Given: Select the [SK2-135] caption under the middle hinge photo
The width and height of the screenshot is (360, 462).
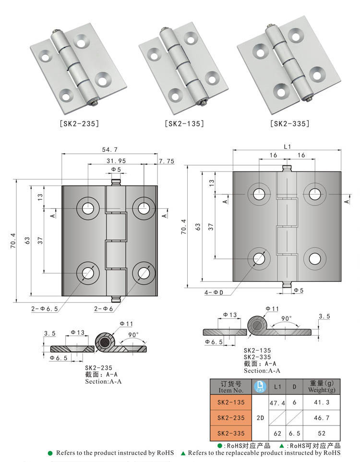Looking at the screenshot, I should [184, 123].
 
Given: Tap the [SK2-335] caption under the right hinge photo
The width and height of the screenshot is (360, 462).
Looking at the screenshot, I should [289, 123].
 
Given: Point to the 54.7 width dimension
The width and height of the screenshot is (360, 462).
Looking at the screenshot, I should [110, 150].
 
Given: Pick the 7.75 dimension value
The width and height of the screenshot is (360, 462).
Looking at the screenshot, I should [167, 161].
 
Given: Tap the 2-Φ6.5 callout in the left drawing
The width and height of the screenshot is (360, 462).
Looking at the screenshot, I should [44, 308].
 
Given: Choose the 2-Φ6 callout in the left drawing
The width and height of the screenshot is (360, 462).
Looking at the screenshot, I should [104, 308].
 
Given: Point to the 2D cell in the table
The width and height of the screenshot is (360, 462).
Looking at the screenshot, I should [260, 418].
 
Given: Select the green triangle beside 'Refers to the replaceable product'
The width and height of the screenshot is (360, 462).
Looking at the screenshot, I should [183, 453].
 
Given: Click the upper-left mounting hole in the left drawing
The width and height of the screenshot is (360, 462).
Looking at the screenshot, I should [88, 208].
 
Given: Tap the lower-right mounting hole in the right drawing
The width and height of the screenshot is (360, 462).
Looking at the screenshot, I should [315, 258].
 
